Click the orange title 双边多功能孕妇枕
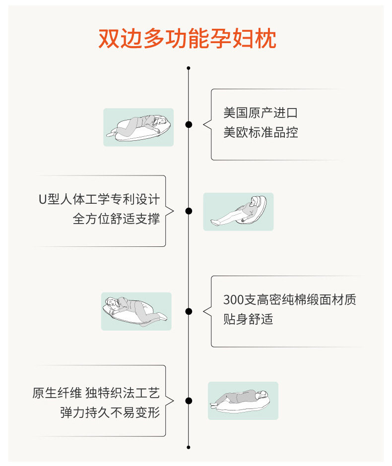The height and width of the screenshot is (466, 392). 188,39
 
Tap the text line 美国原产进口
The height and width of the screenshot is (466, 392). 261,113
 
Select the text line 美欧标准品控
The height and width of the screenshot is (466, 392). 261,132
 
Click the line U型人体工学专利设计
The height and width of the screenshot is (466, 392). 99,199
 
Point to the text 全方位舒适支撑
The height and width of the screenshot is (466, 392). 116,219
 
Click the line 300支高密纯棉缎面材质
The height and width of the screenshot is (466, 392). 290,299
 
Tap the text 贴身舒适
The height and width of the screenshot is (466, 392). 248,319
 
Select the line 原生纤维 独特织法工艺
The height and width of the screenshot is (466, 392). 96,393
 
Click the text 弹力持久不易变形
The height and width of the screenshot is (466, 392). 110,412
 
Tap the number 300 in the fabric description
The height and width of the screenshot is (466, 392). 234,300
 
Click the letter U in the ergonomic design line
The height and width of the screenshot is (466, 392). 43,199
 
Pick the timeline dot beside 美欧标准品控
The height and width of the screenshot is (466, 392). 189,124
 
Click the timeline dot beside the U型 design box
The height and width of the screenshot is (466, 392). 189,211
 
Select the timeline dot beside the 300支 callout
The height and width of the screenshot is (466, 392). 189,311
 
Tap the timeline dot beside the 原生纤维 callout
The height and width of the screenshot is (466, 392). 189,401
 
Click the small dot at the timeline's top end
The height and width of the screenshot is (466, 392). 188,68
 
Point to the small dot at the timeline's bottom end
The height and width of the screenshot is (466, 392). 188,447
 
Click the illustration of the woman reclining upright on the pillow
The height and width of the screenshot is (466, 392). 238,212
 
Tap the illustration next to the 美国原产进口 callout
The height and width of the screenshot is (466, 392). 138,127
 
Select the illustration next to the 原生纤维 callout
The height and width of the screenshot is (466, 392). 243,401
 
